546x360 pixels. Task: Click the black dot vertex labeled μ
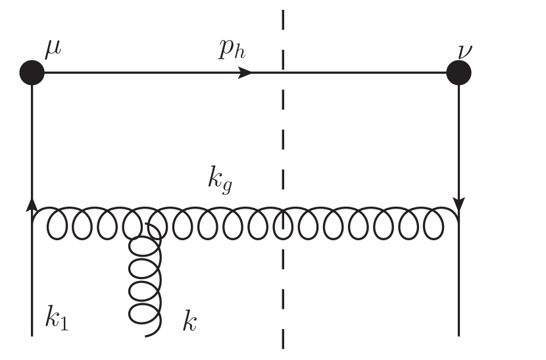pyautogui.click(x=32, y=72)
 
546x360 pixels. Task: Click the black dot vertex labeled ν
pyautogui.click(x=459, y=72)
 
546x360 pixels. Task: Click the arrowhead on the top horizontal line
pyautogui.click(x=245, y=72)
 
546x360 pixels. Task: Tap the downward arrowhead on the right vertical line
pyautogui.click(x=459, y=206)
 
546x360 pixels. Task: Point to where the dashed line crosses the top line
pyautogui.click(x=284, y=72)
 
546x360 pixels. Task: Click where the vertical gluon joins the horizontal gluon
pyautogui.click(x=146, y=227)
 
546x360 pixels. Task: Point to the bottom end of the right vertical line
pyautogui.click(x=459, y=335)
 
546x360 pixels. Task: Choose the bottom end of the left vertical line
pyautogui.click(x=32, y=335)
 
